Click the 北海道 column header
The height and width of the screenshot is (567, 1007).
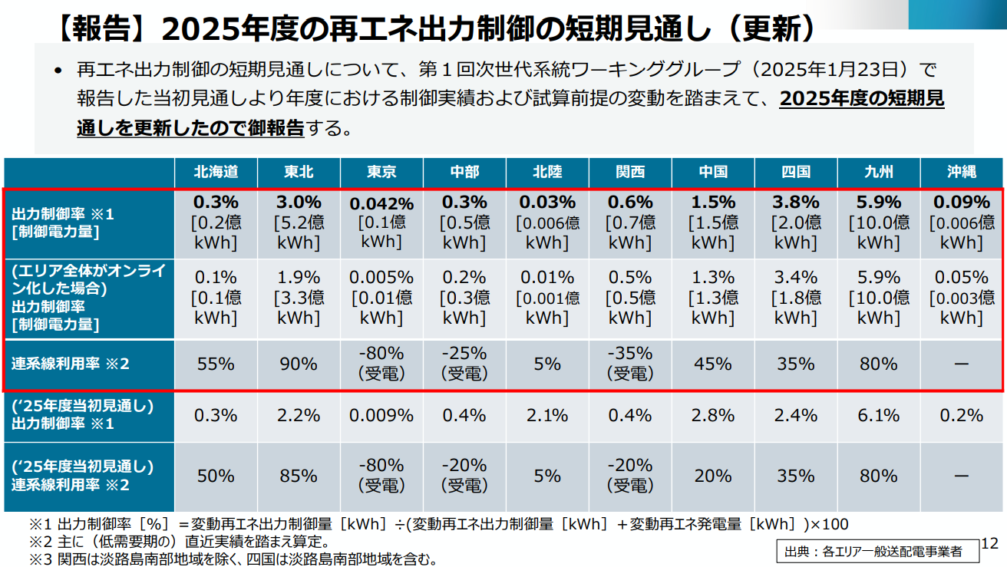point(216,172)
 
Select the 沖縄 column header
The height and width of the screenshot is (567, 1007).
point(961,172)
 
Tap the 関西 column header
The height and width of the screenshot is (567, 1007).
point(630,172)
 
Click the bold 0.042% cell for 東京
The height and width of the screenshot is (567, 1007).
point(381,204)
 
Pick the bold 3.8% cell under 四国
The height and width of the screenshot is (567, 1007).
point(795,203)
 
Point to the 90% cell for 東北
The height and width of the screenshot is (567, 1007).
point(299,364)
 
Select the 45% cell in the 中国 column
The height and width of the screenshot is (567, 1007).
point(713,364)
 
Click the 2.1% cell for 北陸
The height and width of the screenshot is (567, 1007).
point(547,415)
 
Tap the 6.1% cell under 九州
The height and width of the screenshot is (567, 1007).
point(878,415)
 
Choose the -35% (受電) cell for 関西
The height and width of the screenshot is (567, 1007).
point(630,364)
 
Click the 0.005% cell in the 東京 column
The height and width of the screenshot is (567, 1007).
point(381,277)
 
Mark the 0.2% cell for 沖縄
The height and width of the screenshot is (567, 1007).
point(961,415)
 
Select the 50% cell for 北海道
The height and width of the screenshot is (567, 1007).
point(216,476)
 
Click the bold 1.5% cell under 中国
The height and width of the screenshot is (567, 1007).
point(713,203)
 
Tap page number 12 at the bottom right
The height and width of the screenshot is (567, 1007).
point(989,544)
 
